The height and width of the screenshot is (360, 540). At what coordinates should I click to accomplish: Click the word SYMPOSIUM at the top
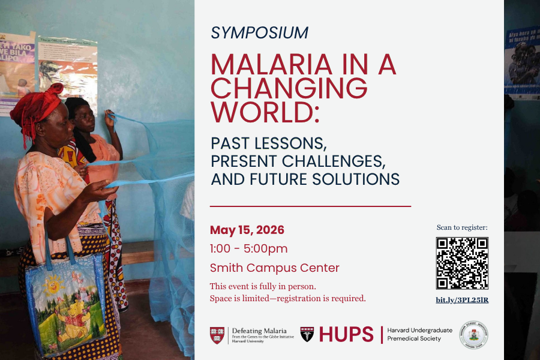point(259,33)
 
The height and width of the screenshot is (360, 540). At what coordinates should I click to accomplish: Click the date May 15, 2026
point(247,230)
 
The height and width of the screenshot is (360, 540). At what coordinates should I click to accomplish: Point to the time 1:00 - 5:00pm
point(248,248)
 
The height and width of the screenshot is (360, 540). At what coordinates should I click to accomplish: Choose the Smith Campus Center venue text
point(274,268)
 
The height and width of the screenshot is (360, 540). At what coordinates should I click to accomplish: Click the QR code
point(462,263)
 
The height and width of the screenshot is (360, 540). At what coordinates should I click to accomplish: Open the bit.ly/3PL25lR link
point(462,299)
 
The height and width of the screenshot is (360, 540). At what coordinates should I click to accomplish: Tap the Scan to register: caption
point(462,227)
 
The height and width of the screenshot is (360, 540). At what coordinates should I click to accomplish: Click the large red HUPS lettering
point(346,335)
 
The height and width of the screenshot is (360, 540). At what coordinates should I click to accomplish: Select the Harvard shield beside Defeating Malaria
point(217,335)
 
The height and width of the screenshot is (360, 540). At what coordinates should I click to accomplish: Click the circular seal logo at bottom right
point(473,335)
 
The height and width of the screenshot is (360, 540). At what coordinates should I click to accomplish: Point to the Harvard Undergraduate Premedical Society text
point(420,335)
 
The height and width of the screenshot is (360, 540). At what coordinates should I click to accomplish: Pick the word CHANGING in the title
point(289,89)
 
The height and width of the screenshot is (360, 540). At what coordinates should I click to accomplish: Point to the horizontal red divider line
point(310,206)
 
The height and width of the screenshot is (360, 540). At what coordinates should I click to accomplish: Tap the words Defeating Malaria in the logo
point(259,331)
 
